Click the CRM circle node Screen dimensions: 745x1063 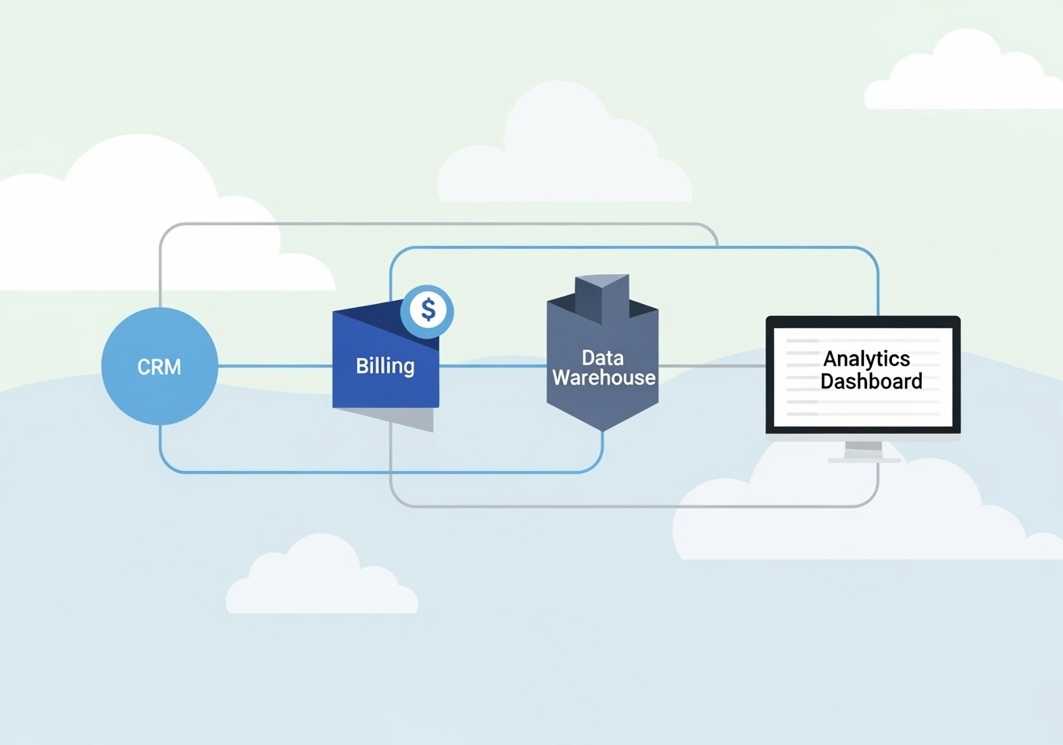159,366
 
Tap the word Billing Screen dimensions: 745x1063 385,366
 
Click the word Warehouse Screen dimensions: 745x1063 604,378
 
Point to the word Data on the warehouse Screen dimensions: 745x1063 602,358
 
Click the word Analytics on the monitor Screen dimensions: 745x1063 866,359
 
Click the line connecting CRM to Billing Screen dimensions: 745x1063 275,366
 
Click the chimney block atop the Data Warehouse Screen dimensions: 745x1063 601,297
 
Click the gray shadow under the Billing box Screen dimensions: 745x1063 407,419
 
